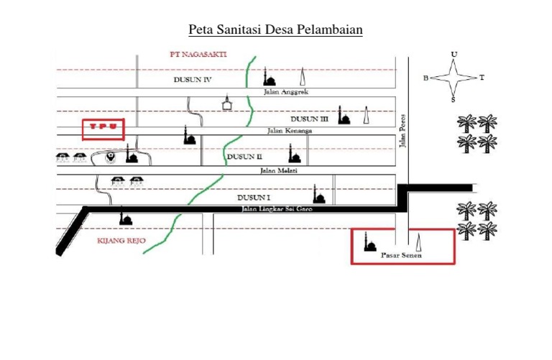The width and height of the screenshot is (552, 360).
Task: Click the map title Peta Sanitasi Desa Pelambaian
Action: (x=276, y=30)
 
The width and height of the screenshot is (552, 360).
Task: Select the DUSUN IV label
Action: (x=192, y=80)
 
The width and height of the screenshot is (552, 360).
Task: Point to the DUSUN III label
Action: (x=309, y=119)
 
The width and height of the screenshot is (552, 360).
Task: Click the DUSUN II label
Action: (x=244, y=156)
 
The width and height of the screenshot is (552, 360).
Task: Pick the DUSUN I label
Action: (x=254, y=196)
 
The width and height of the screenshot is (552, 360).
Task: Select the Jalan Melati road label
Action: (x=279, y=170)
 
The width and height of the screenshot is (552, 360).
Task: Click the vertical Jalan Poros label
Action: (x=403, y=131)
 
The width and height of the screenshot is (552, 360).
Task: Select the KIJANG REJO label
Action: (x=116, y=241)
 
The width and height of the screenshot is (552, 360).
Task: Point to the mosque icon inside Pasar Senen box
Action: (x=371, y=242)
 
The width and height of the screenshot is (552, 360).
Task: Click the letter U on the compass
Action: (x=454, y=54)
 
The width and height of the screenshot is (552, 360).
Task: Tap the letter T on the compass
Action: (x=482, y=78)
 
